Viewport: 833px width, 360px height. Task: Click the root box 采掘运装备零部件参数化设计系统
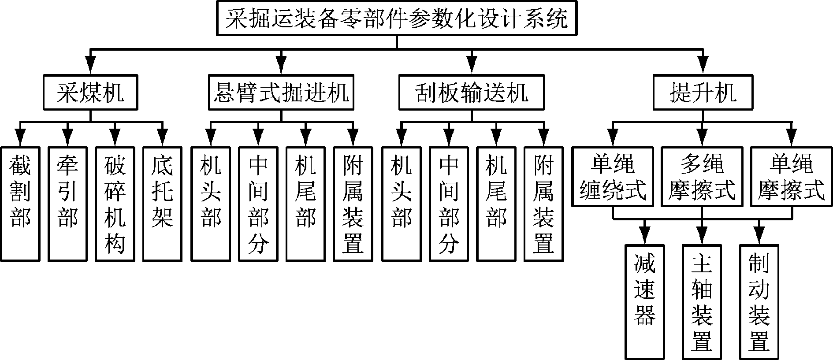(396, 19)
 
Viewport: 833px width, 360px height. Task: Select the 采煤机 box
(90, 93)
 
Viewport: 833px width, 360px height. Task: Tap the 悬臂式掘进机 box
(281, 93)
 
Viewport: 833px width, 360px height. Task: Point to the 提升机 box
(703, 93)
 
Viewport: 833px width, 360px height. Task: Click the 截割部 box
(20, 204)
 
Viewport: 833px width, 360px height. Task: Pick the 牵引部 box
(67, 204)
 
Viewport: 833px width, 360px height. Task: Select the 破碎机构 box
(115, 204)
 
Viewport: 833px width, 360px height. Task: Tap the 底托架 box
(162, 204)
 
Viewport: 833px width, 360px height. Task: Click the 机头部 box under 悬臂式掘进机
(210, 204)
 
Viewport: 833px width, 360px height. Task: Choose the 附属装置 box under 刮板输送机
(543, 204)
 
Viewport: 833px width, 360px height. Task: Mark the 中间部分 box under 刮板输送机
(449, 204)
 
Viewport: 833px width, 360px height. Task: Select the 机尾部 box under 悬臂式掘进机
(305, 204)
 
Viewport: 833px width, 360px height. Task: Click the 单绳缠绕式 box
(613, 177)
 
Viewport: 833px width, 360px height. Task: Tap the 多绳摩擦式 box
(702, 177)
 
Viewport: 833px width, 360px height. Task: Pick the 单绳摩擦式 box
(792, 177)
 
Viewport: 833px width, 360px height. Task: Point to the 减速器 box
(645, 302)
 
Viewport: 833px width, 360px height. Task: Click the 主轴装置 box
(702, 302)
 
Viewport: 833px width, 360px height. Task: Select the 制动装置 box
(759, 302)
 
